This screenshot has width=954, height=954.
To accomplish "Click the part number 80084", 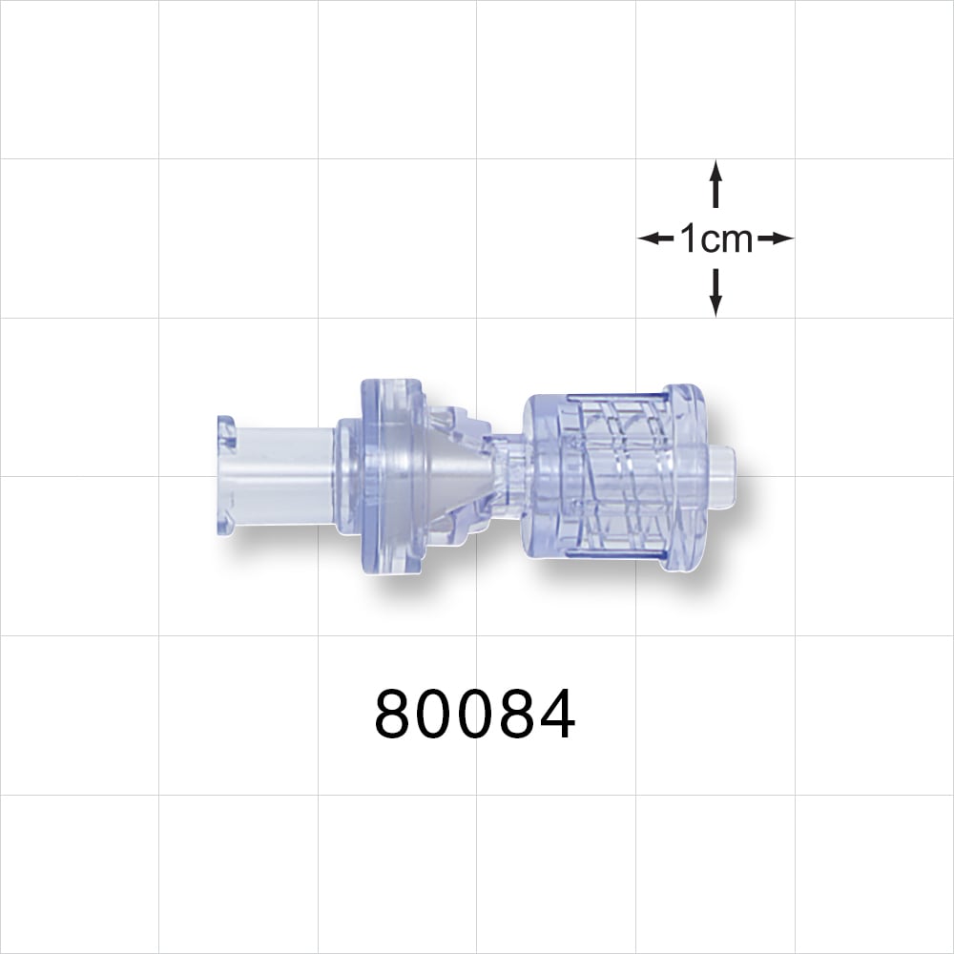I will click(x=475, y=715).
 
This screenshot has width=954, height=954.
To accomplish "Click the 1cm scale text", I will click(x=715, y=238).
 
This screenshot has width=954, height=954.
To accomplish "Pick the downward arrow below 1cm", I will click(x=715, y=293).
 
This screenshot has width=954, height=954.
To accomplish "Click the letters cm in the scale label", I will click(x=730, y=239).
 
